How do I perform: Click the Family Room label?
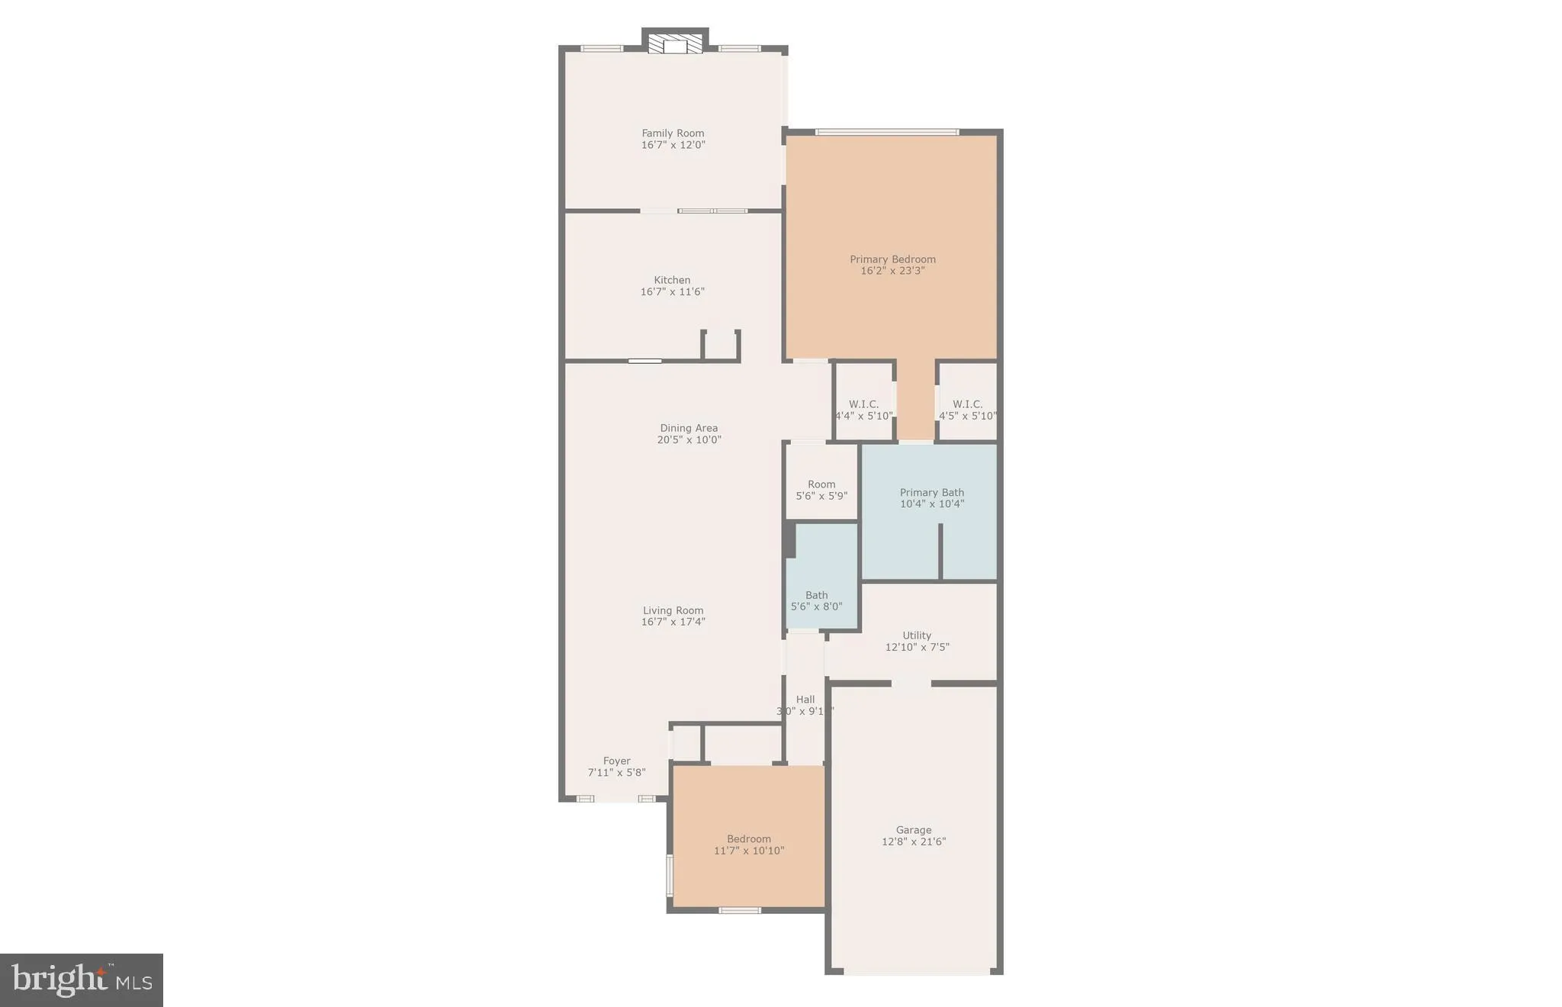[673, 134]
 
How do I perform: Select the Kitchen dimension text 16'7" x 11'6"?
[672, 291]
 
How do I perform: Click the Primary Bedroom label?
[892, 259]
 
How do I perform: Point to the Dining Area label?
[689, 428]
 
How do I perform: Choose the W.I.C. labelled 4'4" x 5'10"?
[863, 410]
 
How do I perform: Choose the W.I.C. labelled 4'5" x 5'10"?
[967, 410]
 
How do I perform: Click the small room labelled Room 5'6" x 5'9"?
[821, 489]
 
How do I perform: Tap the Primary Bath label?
[931, 493]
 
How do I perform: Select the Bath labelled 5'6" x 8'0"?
[816, 600]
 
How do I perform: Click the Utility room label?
[917, 635]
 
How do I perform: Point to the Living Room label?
[673, 610]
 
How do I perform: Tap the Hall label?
[805, 700]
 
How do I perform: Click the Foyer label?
[616, 761]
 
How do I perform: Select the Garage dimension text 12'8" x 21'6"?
[914, 841]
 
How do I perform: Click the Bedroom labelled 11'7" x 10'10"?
[749, 845]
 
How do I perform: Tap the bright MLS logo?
[82, 980]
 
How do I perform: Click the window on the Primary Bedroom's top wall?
[886, 132]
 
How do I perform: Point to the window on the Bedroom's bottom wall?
[740, 910]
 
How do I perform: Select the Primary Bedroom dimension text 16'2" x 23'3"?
[892, 271]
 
